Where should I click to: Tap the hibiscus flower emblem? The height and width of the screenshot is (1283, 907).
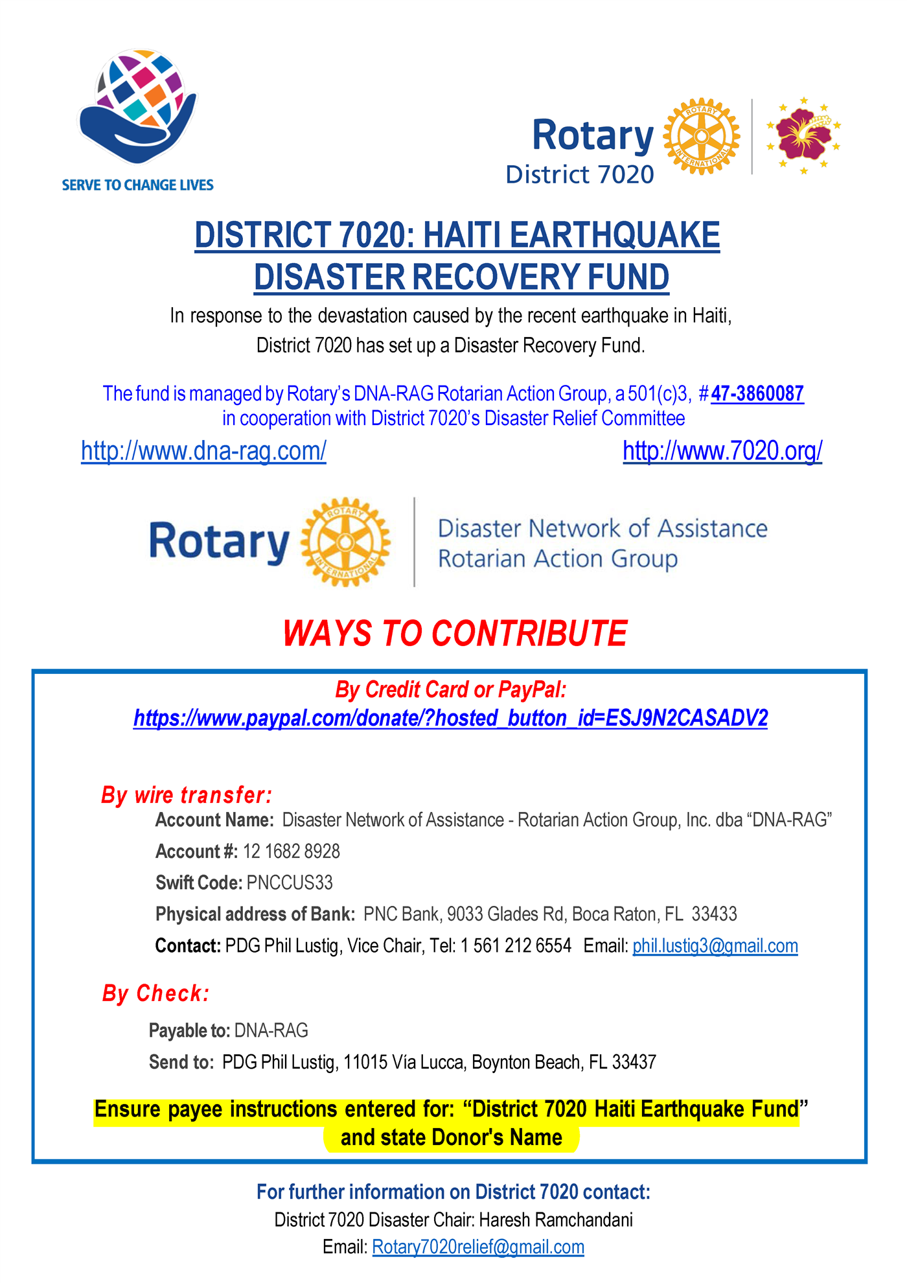[x=803, y=135]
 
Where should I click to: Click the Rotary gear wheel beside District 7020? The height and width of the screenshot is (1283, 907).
[x=702, y=136]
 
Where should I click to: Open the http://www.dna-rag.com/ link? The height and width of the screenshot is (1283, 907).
[x=203, y=451]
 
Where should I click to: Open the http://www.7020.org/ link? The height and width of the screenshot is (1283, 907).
[x=722, y=451]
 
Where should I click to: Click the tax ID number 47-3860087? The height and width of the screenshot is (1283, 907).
[x=757, y=394]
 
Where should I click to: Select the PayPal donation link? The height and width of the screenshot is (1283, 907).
[x=450, y=718]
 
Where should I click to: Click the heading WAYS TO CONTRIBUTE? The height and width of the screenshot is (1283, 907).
[x=455, y=633]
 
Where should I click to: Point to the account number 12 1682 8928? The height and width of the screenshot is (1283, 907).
[x=292, y=851]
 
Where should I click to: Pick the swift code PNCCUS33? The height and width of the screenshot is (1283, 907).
[x=290, y=883]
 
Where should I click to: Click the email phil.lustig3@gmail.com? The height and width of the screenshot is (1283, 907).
[x=715, y=946]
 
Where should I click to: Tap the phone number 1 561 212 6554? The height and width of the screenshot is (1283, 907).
[x=516, y=946]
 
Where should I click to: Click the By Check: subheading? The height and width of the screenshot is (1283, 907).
[x=156, y=993]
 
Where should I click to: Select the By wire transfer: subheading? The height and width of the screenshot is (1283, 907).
[x=187, y=795]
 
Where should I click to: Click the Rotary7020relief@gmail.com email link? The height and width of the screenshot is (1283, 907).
[x=478, y=1247]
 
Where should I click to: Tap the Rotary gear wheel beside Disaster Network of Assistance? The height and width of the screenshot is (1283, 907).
[x=345, y=542]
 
